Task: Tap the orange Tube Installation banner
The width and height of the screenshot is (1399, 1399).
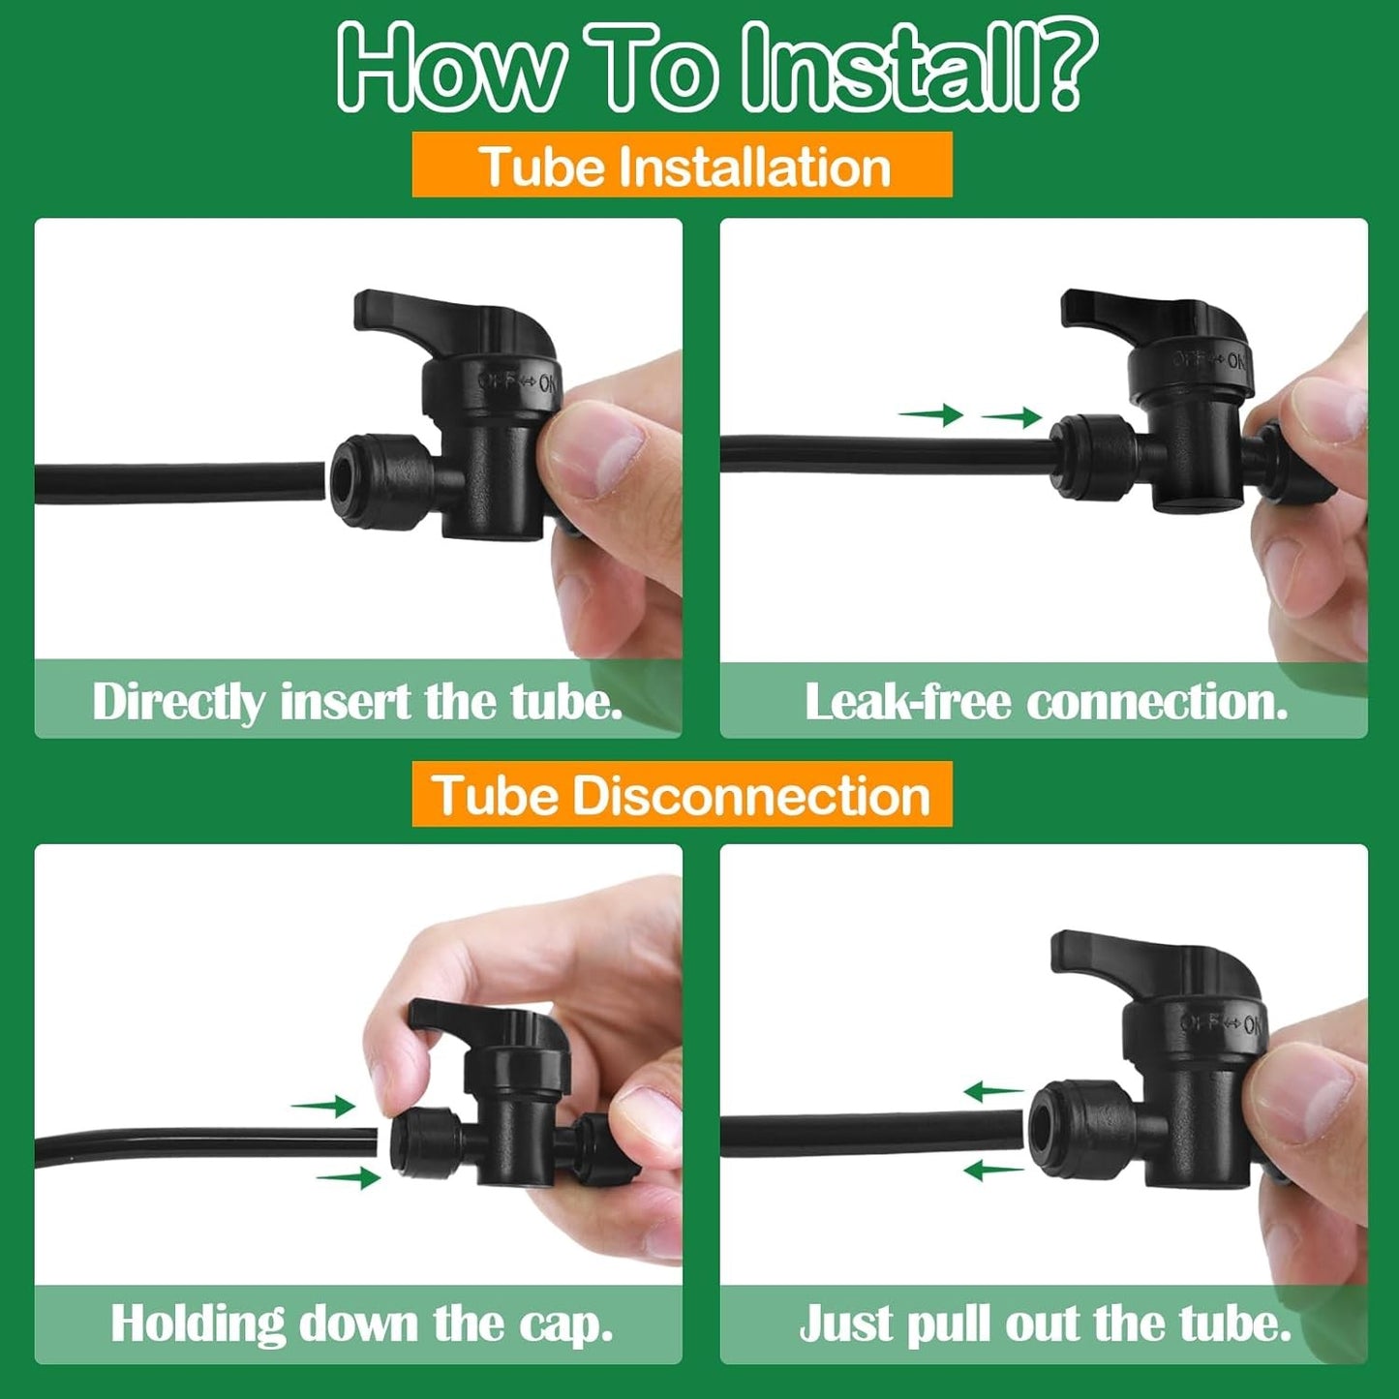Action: (682, 165)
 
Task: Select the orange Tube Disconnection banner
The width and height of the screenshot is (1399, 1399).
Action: (682, 794)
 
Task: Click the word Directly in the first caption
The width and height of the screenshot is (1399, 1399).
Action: (178, 703)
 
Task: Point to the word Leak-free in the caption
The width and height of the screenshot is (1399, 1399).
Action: (907, 702)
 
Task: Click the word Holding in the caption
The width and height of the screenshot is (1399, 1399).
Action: (198, 1323)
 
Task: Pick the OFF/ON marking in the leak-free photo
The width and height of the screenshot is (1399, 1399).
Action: (1208, 359)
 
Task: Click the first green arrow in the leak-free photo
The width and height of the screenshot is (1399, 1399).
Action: (930, 414)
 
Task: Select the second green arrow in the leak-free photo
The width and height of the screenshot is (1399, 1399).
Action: (1012, 417)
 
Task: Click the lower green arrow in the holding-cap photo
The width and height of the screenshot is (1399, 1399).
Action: (349, 1177)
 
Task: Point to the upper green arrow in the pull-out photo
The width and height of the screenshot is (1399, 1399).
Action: (993, 1091)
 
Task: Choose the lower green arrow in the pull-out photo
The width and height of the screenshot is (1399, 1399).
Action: (993, 1170)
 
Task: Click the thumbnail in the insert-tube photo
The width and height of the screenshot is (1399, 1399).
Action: (595, 451)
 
